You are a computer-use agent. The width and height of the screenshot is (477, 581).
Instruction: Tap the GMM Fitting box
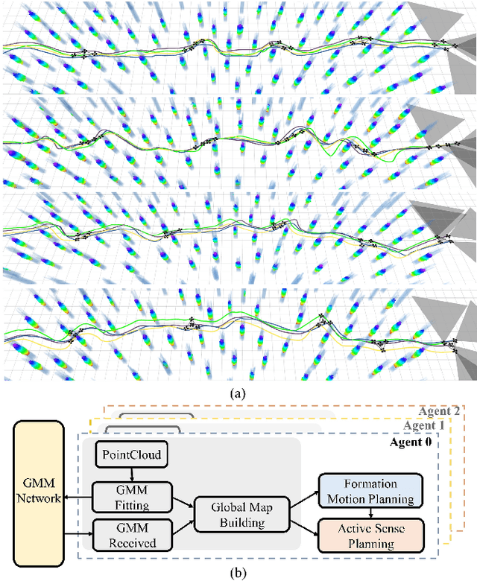pyautogui.click(x=132, y=497)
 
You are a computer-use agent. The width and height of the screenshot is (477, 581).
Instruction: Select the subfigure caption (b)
pyautogui.click(x=237, y=572)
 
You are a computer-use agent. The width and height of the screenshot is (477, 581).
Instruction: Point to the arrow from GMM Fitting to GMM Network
pyautogui.click(x=78, y=497)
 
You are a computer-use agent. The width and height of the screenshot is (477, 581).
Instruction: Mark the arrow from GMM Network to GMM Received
pyautogui.click(x=78, y=533)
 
